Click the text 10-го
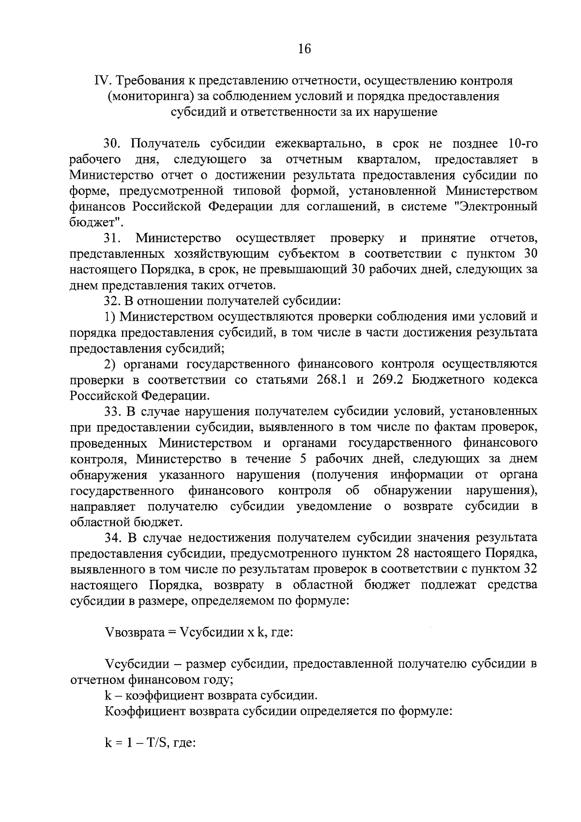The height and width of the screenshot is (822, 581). (x=520, y=144)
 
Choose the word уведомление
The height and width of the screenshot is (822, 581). (x=335, y=506)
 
